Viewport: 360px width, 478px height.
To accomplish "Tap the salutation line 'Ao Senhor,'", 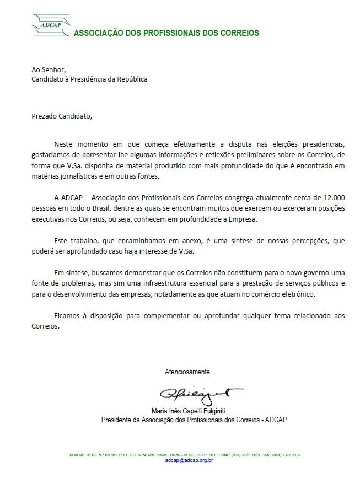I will click(49, 69).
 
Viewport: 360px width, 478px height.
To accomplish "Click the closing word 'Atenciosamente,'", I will click(188, 372).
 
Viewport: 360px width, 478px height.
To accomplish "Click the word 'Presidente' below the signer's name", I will click(120, 420).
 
